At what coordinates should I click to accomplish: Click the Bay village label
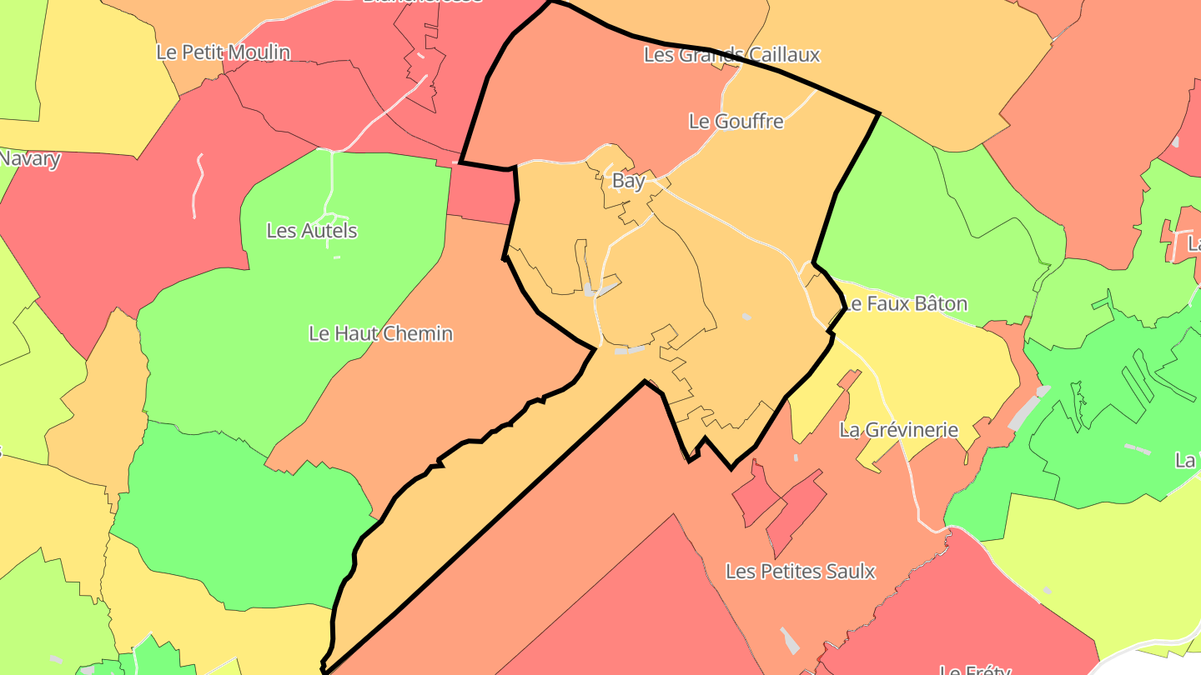pos(628,181)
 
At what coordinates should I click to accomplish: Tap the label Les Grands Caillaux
pos(731,55)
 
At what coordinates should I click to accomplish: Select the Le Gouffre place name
pos(736,122)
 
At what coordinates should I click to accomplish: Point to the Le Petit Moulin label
pos(224,52)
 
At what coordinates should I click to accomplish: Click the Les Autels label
pos(311,231)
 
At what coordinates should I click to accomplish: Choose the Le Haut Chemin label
pos(380,334)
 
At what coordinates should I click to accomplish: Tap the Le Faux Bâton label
pos(905,303)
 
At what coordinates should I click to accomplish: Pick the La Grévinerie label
pos(898,431)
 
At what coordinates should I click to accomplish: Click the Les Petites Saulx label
pos(800,572)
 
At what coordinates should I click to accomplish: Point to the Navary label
pos(30,158)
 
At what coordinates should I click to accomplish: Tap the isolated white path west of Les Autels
pos(198,185)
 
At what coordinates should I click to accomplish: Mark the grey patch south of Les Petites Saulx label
pos(790,641)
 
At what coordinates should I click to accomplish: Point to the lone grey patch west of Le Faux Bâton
pos(746,317)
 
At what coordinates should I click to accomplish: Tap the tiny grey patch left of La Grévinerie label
pos(796,457)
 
